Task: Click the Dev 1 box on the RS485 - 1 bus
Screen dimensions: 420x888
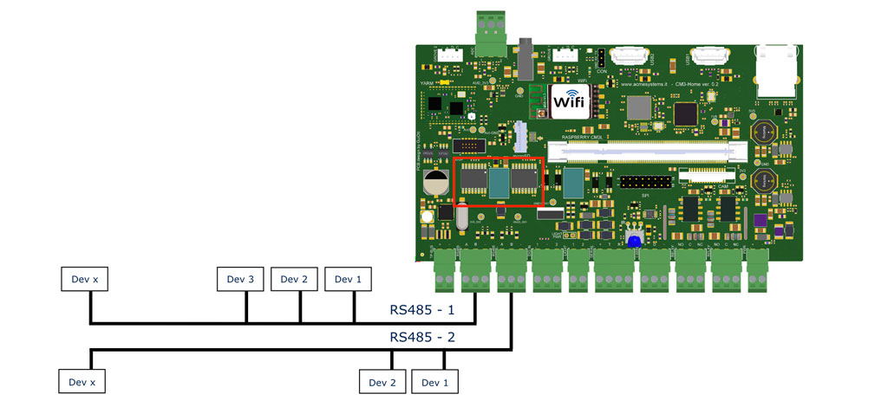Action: coord(348,279)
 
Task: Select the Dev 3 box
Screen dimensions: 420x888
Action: coord(239,279)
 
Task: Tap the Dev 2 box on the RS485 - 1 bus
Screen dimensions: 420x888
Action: coord(294,279)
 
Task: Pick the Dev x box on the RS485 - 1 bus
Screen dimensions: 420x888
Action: coord(84,279)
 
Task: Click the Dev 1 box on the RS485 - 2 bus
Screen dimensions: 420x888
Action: coord(434,382)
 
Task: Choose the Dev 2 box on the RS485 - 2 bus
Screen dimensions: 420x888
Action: coord(382,382)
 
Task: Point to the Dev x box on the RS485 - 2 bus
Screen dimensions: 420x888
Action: coord(82,382)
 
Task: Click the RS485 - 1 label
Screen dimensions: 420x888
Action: coord(422,309)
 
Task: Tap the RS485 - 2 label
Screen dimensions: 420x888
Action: coord(422,337)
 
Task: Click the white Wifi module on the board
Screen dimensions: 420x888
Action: coord(569,101)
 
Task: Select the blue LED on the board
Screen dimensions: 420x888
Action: coord(634,242)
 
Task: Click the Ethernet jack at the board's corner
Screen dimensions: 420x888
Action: coord(778,71)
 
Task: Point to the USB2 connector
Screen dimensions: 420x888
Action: coord(630,56)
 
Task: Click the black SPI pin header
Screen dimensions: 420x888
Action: coord(645,183)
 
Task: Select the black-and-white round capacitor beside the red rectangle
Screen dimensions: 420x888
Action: coord(435,182)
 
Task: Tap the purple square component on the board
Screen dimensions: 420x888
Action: coord(760,222)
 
